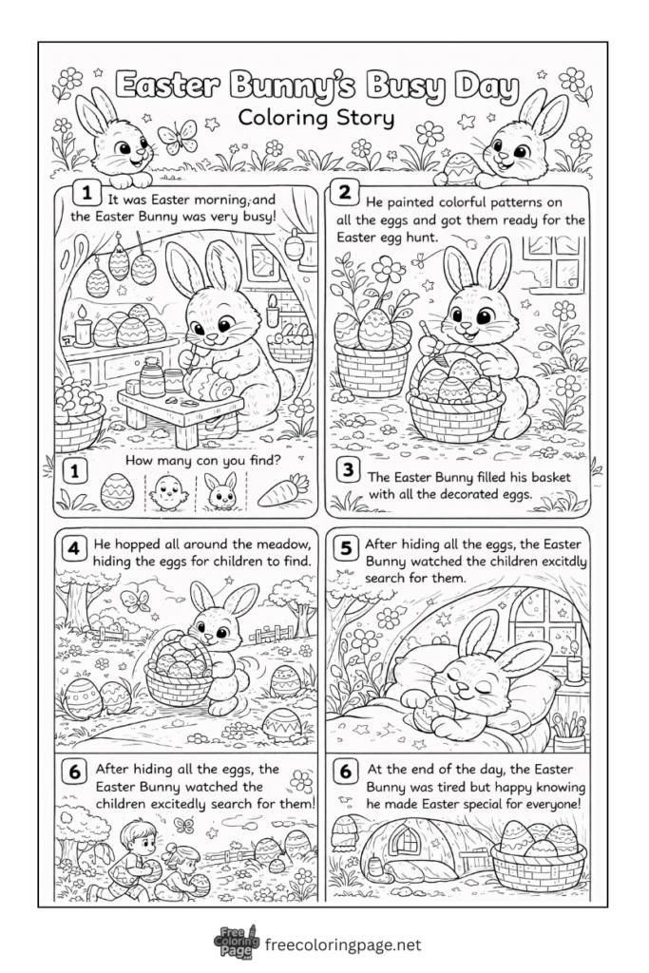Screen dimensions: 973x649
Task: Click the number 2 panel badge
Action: click(x=344, y=195)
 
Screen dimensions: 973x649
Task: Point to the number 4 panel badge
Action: click(x=72, y=548)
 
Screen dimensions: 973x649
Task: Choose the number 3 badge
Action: click(x=348, y=469)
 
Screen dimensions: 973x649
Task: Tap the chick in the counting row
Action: click(x=167, y=491)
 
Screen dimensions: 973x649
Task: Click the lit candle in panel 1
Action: click(x=83, y=325)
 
